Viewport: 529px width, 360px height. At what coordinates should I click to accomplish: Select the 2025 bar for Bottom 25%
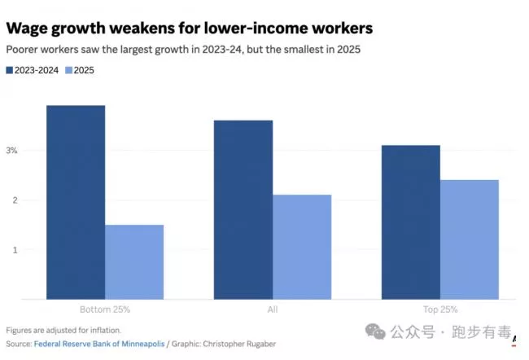click(x=134, y=261)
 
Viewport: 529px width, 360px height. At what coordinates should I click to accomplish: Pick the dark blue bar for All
click(x=243, y=209)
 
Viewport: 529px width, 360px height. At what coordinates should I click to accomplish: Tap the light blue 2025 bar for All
click(x=302, y=247)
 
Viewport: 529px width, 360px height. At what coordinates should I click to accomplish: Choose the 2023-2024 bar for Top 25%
click(x=411, y=222)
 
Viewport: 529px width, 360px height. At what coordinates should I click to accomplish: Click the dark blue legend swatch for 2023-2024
click(x=10, y=71)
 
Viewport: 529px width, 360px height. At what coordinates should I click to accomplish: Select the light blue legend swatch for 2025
click(x=68, y=71)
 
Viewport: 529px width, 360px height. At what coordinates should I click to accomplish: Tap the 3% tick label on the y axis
click(x=12, y=151)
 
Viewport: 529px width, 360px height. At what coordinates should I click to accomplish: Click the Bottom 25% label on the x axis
click(x=105, y=310)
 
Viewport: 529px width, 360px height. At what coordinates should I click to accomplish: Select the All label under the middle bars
click(x=273, y=310)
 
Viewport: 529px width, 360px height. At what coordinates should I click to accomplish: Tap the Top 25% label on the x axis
click(x=439, y=310)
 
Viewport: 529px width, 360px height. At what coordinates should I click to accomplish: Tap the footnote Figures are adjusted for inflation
click(x=63, y=330)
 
